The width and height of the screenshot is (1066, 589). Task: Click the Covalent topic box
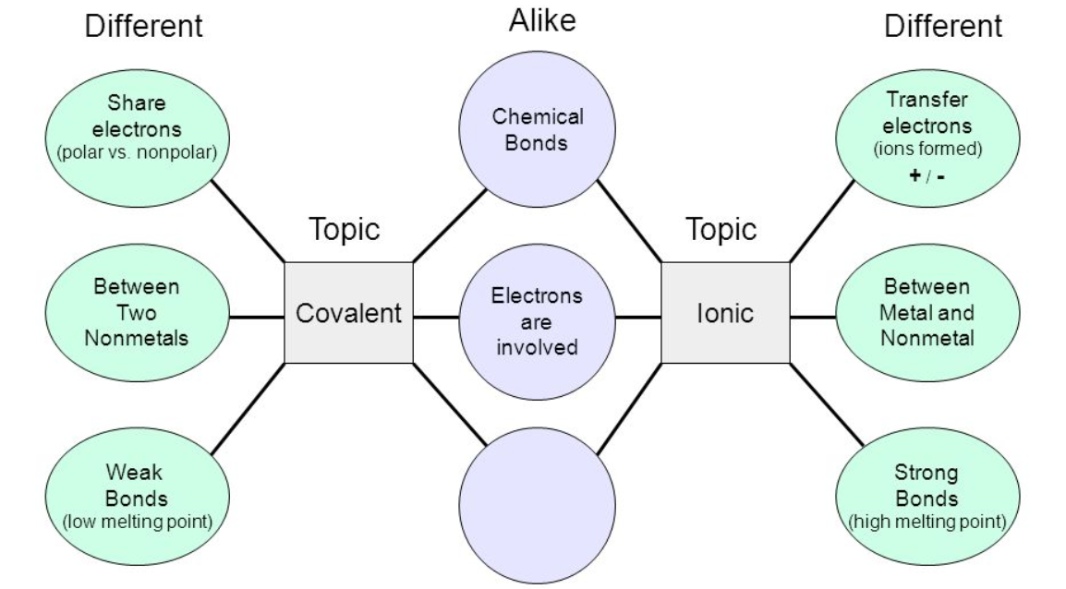click(349, 313)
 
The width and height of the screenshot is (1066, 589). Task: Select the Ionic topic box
click(725, 313)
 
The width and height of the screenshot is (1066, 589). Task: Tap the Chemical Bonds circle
click(537, 129)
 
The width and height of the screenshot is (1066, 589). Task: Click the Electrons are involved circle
click(537, 322)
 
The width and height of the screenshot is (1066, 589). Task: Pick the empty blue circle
click(537, 505)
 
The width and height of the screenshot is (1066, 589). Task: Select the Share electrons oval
click(138, 138)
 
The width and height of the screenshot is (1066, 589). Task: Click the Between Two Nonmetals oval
click(138, 313)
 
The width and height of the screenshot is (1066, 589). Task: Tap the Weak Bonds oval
click(138, 496)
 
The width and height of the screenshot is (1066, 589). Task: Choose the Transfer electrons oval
click(927, 138)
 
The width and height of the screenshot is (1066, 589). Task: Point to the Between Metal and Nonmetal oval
click(927, 313)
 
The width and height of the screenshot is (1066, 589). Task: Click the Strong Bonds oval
click(927, 496)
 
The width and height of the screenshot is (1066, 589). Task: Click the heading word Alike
click(542, 20)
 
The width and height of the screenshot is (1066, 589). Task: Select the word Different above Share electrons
click(143, 27)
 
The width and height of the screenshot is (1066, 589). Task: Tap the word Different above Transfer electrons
click(943, 27)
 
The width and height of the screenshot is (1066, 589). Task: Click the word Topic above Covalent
click(344, 229)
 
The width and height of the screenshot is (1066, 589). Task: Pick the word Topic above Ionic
click(721, 229)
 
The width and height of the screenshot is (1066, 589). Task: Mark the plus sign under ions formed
click(915, 175)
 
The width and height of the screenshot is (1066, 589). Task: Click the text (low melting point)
click(138, 522)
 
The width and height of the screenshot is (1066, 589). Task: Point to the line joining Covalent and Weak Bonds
click(248, 409)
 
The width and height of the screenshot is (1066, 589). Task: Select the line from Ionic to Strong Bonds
click(827, 405)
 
